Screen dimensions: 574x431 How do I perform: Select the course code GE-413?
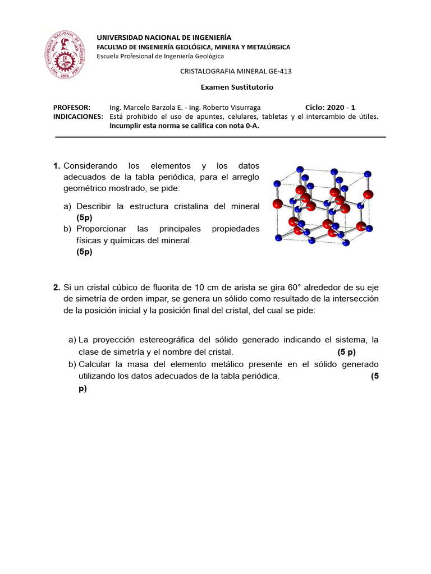pyautogui.click(x=279, y=71)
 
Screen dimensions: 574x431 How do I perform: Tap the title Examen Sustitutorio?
pyautogui.click(x=237, y=87)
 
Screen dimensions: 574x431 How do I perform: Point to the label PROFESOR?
pyautogui.click(x=72, y=107)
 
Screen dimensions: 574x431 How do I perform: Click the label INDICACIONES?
pyautogui.click(x=78, y=117)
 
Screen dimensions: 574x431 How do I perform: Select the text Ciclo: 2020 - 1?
pyautogui.click(x=330, y=107)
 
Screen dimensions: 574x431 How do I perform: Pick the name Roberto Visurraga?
pyautogui.click(x=231, y=107)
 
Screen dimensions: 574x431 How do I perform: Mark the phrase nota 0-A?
pyautogui.click(x=245, y=126)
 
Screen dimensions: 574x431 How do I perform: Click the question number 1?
pyautogui.click(x=57, y=166)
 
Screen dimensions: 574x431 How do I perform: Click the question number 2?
pyautogui.click(x=57, y=288)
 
